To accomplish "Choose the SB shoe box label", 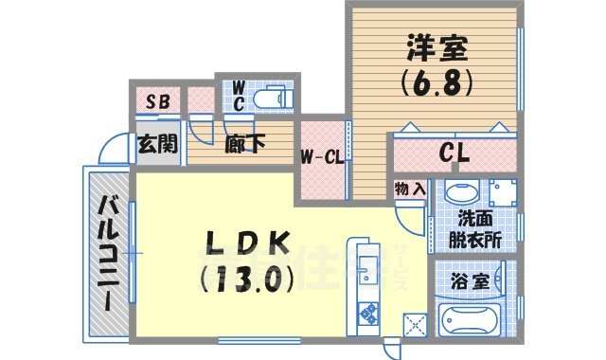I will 157,99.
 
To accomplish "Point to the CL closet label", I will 456,152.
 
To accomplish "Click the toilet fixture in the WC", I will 275,98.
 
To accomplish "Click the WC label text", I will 238,95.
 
